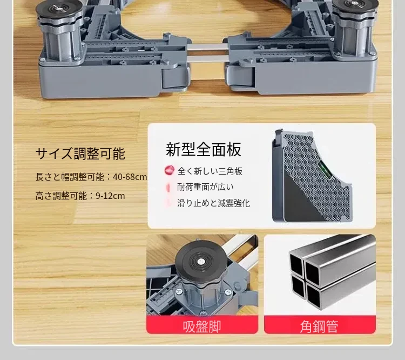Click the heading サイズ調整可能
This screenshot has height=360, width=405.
pyautogui.click(x=80, y=154)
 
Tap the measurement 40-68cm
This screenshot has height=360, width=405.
pyautogui.click(x=130, y=177)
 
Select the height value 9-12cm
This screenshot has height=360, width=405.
pyautogui.click(x=110, y=196)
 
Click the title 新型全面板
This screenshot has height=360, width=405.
pyautogui.click(x=204, y=149)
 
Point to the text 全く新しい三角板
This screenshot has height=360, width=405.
pyautogui.click(x=210, y=171)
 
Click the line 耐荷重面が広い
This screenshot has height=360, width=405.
pyautogui.click(x=205, y=187)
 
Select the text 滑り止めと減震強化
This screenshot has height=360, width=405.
pyautogui.click(x=214, y=203)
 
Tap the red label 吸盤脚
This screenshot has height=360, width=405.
pyautogui.click(x=202, y=326)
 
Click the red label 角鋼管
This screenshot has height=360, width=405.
pyautogui.click(x=319, y=326)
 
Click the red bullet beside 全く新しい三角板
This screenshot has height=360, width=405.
pyautogui.click(x=169, y=170)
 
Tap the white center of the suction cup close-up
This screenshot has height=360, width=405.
pyautogui.click(x=201, y=262)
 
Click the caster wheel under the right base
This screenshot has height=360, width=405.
pyautogui.click(x=240, y=77)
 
